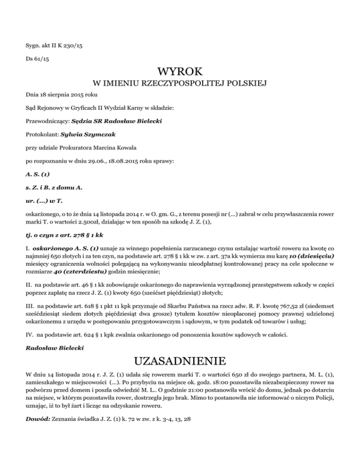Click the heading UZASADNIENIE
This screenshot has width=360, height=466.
coord(180,361)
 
